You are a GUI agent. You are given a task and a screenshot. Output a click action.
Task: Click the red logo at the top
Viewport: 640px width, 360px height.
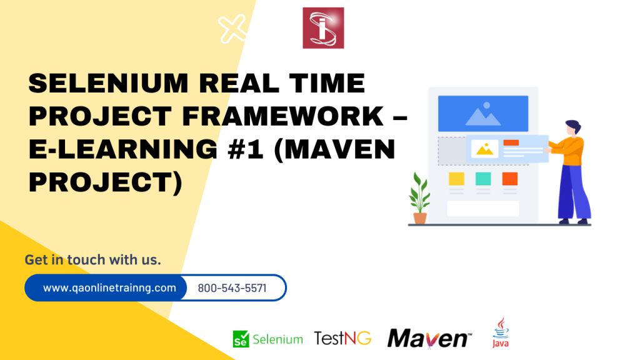[323, 27]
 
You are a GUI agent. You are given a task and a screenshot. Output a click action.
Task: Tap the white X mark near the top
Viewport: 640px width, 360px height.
[232, 28]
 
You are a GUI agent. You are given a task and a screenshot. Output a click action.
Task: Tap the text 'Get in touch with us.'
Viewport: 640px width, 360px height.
[92, 259]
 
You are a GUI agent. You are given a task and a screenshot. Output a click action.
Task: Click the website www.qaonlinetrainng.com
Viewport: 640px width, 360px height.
[109, 288]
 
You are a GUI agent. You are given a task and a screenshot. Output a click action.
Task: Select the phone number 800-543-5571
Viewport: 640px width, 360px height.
[232, 288]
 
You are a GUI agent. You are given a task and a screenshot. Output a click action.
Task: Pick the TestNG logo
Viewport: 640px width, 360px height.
[342, 339]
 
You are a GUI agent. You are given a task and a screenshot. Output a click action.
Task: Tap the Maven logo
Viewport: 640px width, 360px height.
[428, 338]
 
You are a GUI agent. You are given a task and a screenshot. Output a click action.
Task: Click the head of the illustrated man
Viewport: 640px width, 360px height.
[572, 128]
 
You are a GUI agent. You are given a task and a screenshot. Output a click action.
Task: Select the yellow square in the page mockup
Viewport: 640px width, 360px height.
[457, 179]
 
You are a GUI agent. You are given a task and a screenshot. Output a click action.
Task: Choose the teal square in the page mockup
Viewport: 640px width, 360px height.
[483, 179]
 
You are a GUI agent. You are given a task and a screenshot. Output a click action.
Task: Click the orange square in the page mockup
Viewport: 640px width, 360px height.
[510, 179]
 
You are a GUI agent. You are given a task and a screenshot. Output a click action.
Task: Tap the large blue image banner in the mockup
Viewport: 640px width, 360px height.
[482, 113]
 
